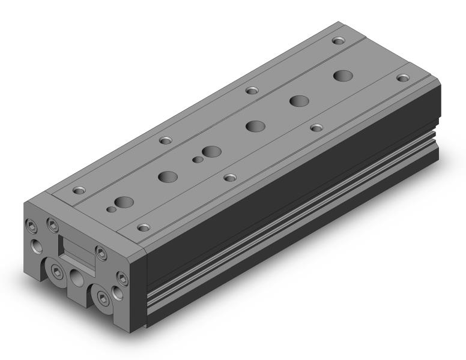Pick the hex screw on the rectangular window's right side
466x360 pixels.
coord(99,251)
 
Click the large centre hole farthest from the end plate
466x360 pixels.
coord(343,76)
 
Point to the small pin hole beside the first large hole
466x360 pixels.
coord(110,209)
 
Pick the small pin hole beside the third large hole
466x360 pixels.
coord(196,160)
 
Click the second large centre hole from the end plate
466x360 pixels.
coord(167,176)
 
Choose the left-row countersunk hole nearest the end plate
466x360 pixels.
coord(77,191)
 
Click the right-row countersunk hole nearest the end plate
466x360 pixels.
coord(142,227)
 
